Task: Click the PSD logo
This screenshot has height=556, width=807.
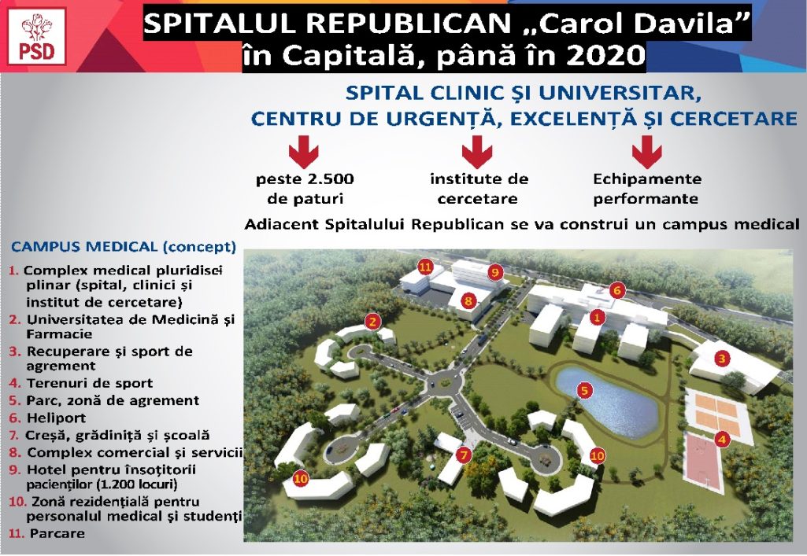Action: tap(36, 36)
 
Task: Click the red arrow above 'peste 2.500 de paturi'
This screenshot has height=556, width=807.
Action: tap(304, 152)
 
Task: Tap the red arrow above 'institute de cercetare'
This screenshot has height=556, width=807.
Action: tap(477, 152)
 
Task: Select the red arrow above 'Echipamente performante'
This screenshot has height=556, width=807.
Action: tap(647, 152)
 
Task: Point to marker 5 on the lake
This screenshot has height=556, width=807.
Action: tap(584, 391)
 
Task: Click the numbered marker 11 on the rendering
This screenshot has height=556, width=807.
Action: tap(424, 267)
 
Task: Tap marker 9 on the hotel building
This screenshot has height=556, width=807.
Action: tap(495, 272)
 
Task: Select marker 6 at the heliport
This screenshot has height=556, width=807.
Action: tap(617, 291)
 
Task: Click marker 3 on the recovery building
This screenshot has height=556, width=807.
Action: tap(722, 358)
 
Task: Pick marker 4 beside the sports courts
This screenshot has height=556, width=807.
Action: tap(722, 440)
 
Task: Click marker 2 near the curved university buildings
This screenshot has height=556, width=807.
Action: tap(372, 322)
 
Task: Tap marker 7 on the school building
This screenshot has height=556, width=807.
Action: tap(464, 455)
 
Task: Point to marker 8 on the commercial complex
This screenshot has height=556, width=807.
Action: tap(468, 300)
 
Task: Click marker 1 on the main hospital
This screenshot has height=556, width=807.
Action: tap(597, 318)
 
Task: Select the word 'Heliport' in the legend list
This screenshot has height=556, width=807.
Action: tap(56, 418)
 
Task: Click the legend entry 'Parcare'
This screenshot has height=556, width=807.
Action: tap(57, 533)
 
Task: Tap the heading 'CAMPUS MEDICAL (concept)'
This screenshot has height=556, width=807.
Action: tap(124, 247)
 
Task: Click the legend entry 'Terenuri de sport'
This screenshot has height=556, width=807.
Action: tap(90, 383)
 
